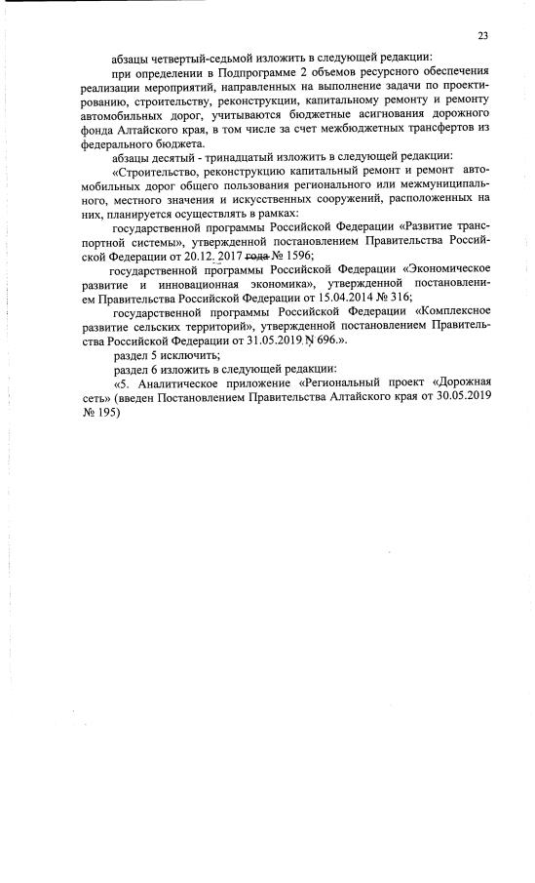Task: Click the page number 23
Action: coord(483,36)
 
